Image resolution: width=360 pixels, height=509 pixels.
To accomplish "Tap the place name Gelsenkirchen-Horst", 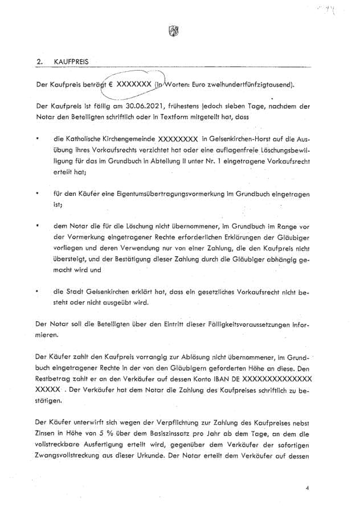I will (x=244, y=138).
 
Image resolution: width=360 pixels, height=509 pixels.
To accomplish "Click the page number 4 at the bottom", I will (x=307, y=488).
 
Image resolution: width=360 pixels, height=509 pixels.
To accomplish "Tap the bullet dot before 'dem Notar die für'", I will (x=38, y=225).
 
